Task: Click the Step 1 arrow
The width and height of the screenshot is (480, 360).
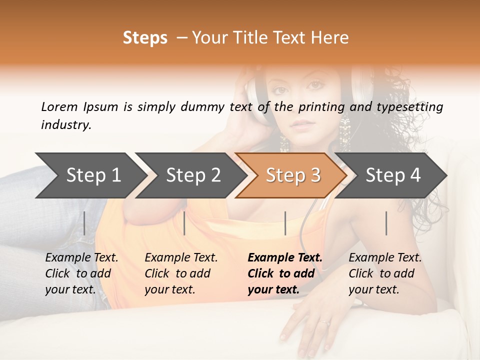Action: click(93, 175)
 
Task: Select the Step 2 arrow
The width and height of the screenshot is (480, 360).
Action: click(193, 175)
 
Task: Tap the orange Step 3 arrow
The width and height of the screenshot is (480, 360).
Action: click(292, 175)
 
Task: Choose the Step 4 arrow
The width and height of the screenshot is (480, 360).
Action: click(393, 175)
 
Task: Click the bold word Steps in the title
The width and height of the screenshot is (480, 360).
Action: click(145, 38)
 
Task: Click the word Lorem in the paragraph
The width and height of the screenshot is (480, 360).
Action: click(59, 106)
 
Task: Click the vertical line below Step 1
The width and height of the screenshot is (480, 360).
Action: click(84, 223)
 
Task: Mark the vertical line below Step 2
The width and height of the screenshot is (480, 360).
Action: click(184, 223)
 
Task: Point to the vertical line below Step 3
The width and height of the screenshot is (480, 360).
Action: click(285, 223)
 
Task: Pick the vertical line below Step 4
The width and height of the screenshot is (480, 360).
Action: click(386, 223)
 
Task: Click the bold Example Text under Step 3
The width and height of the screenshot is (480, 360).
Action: click(285, 258)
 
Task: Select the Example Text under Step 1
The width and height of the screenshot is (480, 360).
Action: click(81, 258)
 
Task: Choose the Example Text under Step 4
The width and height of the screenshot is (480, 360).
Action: click(385, 258)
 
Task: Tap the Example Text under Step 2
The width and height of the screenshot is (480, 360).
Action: click(181, 258)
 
